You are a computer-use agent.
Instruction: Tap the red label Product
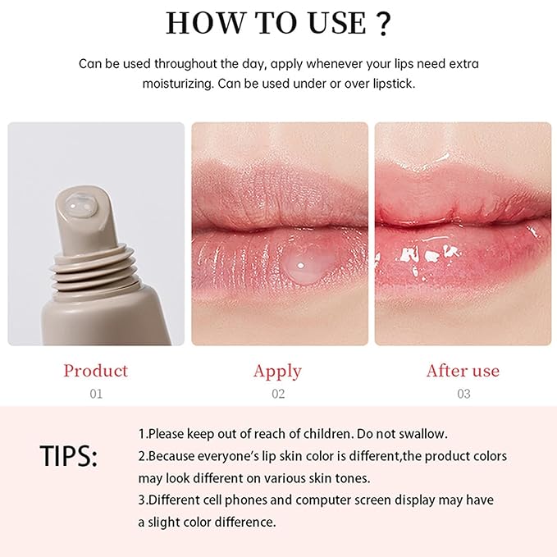pos(96,371)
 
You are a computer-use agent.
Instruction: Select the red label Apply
pos(278,371)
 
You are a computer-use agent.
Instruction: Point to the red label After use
pos(463,371)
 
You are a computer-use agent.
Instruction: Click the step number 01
pos(96,394)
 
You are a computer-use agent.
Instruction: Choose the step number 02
pos(278,394)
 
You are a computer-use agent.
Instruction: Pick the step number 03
pos(463,394)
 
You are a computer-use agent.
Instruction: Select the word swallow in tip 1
pos(422,433)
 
